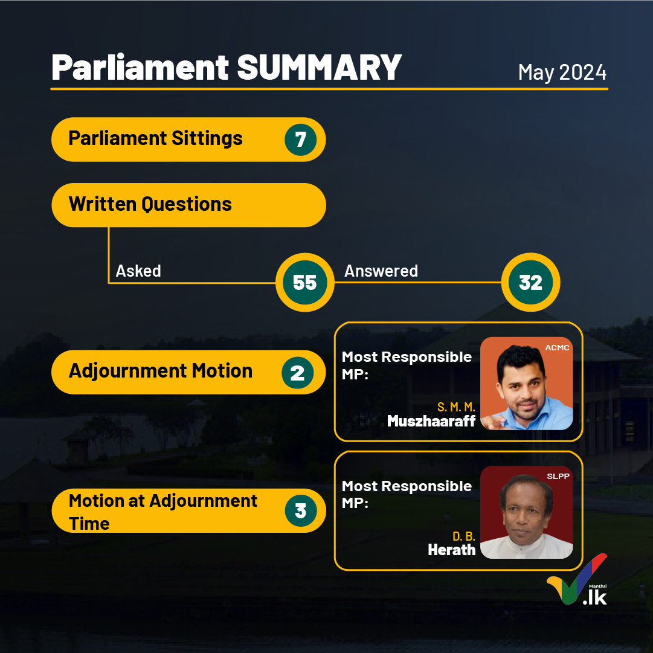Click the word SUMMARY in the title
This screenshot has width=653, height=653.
[319, 68]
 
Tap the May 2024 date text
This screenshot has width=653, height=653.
[562, 72]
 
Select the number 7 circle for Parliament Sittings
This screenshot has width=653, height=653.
[301, 140]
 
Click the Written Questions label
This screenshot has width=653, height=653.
[150, 204]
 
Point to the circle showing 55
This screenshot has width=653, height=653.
[305, 282]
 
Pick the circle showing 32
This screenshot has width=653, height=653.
[530, 282]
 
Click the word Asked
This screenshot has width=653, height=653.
[138, 271]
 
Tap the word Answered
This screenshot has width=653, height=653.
[381, 271]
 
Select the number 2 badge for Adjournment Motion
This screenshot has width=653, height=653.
[297, 373]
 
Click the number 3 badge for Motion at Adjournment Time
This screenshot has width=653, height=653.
[301, 510]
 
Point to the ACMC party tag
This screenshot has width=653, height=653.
[557, 348]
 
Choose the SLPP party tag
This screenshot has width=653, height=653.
[558, 477]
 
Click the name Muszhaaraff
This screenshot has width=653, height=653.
[431, 421]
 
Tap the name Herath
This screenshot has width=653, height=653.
[451, 550]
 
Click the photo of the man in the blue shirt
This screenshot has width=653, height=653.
[526, 383]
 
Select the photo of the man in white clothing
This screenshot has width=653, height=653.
[526, 512]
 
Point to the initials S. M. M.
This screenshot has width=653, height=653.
[456, 407]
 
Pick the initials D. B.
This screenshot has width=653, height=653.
[464, 536]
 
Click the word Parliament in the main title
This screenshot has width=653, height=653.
[140, 68]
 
